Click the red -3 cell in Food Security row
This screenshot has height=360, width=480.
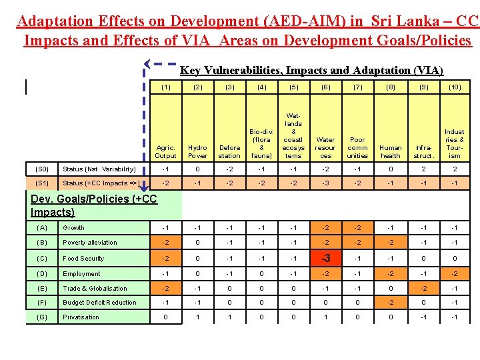pyautogui.click(x=325, y=258)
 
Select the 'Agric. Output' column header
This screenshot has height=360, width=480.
pyautogui.click(x=165, y=151)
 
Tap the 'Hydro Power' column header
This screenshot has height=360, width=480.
pyautogui.click(x=197, y=151)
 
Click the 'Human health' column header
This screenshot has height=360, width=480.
pyautogui.click(x=390, y=151)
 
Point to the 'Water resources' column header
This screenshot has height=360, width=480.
pyautogui.click(x=325, y=147)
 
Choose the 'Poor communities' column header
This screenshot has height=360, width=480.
pyautogui.click(x=357, y=147)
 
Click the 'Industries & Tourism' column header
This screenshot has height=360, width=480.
pyautogui.click(x=455, y=143)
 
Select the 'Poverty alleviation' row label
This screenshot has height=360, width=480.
pyautogui.click(x=89, y=243)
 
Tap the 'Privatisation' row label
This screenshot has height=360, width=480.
pyautogui.click(x=81, y=317)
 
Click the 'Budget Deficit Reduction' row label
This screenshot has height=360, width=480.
pyautogui.click(x=99, y=303)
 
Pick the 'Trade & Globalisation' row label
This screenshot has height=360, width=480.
pyautogui.click(x=95, y=289)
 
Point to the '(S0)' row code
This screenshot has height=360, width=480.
pyautogui.click(x=41, y=169)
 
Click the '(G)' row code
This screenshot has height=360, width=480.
pyautogui.click(x=41, y=317)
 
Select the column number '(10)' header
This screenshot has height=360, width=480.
pyautogui.click(x=455, y=87)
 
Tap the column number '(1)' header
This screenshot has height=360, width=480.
pyautogui.click(x=165, y=87)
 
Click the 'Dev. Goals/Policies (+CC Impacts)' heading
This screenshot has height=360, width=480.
pyautogui.click(x=93, y=205)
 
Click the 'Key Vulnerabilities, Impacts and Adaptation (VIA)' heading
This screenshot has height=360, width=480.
pyautogui.click(x=311, y=70)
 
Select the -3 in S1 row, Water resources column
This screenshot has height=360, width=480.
pyautogui.click(x=325, y=183)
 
